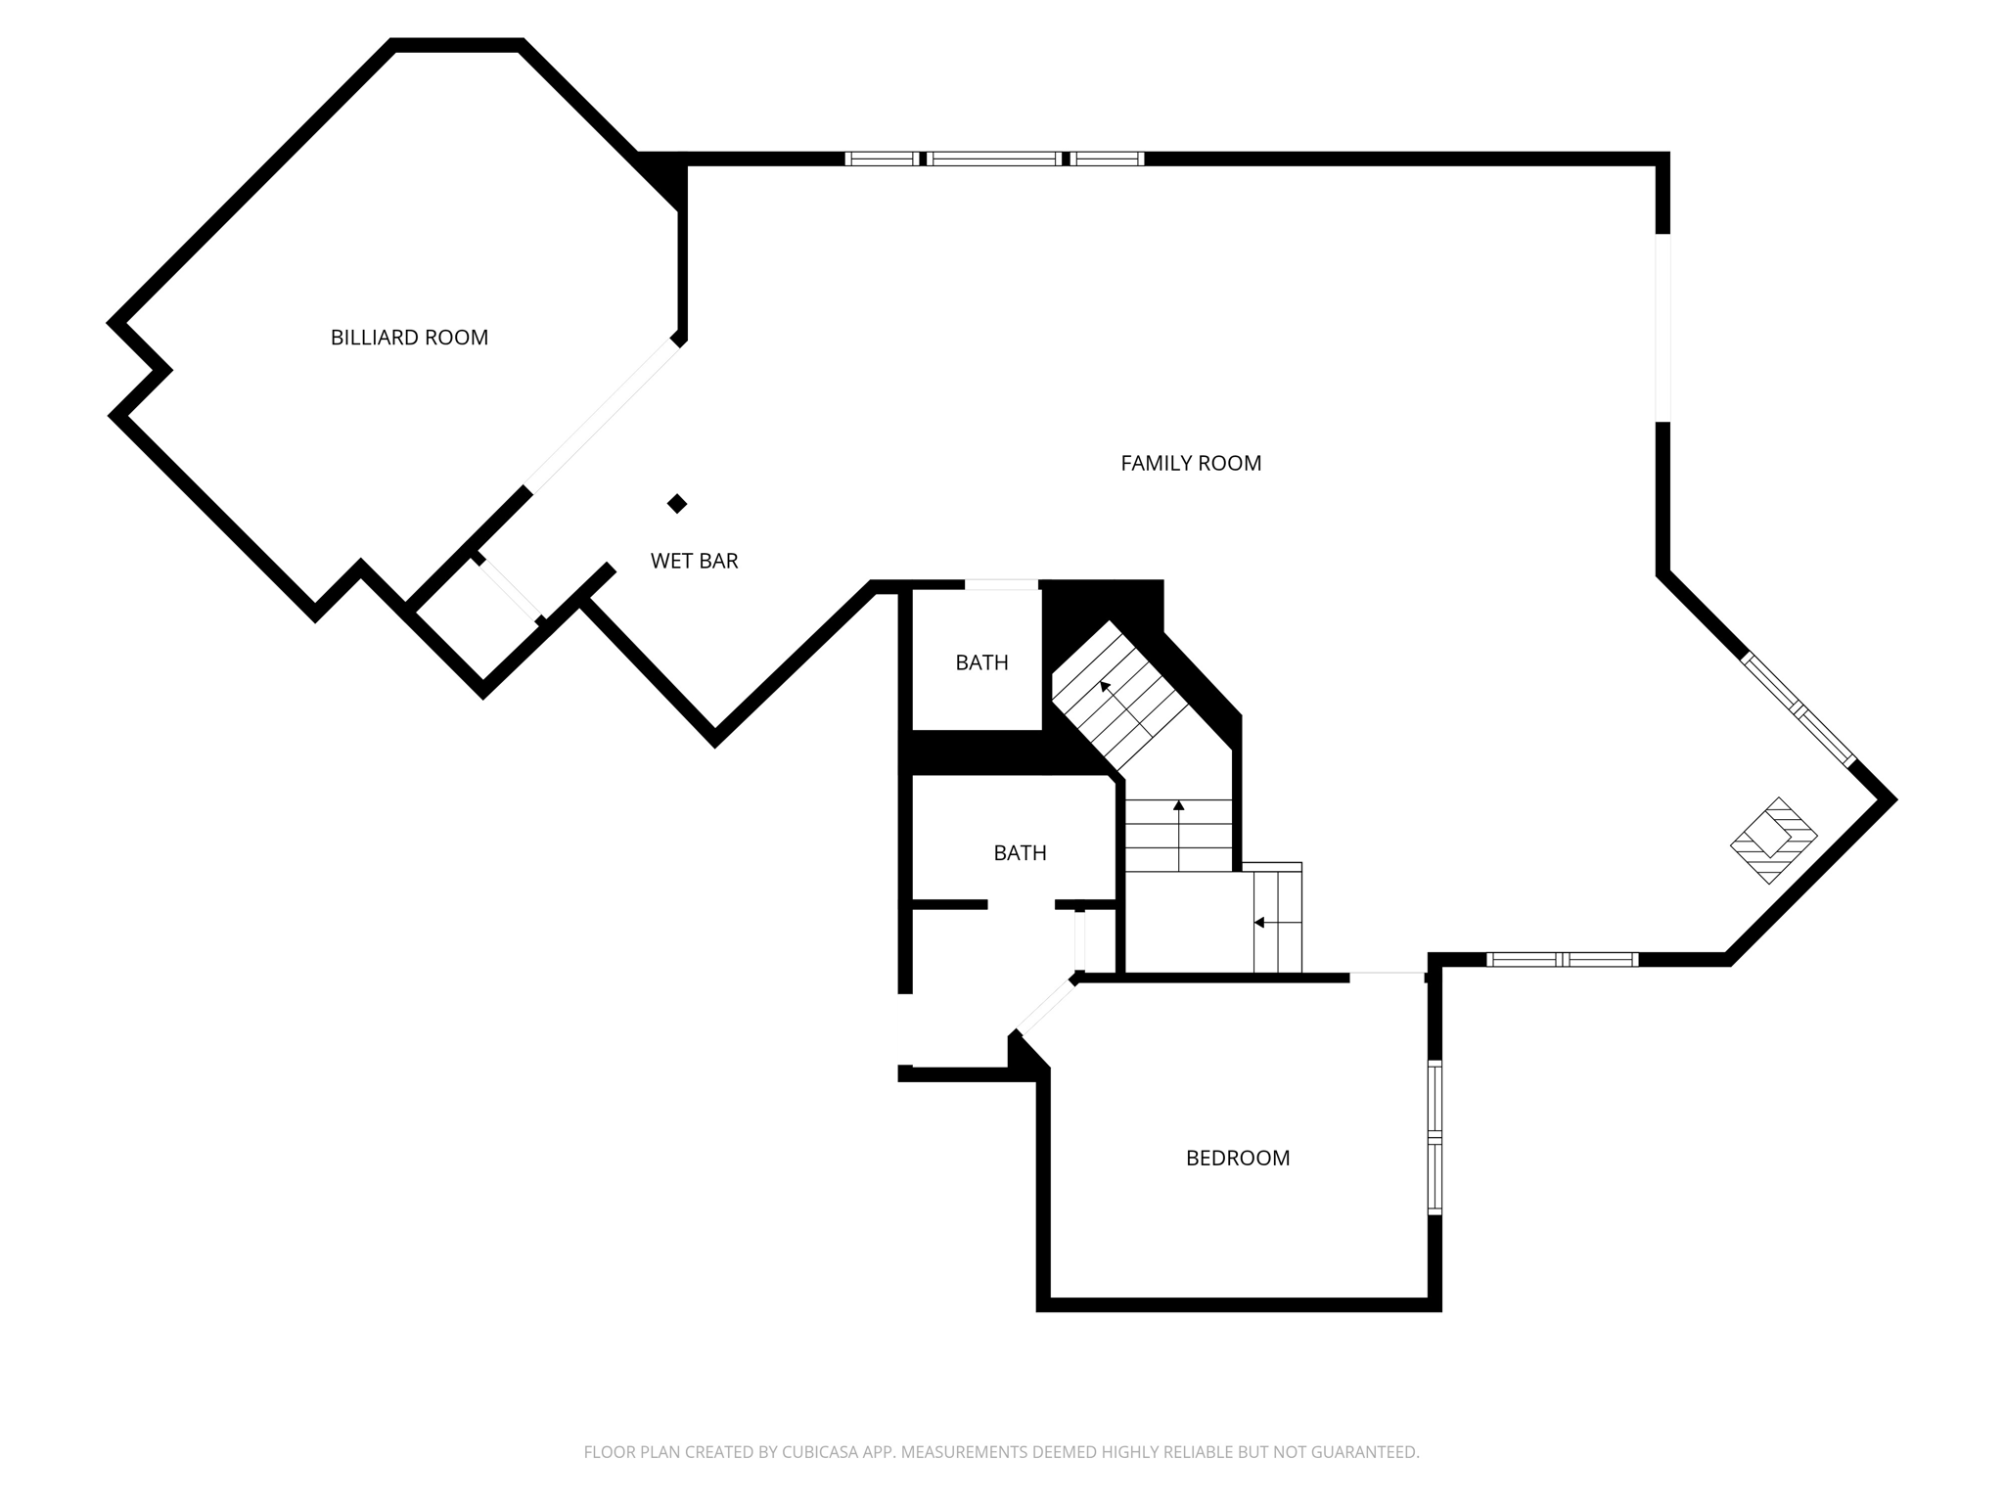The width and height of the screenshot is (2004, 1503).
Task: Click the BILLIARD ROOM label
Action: [x=409, y=338]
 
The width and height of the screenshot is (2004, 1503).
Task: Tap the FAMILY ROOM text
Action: [x=1191, y=463]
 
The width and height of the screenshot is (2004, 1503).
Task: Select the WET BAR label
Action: [x=694, y=561]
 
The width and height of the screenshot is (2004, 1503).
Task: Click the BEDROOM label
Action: [x=1237, y=1158]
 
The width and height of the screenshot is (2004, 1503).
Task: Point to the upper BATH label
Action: [x=981, y=662]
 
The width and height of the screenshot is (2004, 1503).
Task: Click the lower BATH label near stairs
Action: [x=1020, y=852]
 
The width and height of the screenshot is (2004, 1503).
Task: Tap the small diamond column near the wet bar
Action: [x=677, y=504]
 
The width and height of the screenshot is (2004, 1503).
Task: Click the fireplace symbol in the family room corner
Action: [x=1773, y=841]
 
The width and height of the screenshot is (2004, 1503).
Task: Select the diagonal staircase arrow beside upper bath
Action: [x=1107, y=688]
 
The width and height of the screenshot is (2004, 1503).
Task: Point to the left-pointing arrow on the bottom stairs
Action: [x=1260, y=922]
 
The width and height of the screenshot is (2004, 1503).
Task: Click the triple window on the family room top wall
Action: [x=994, y=159]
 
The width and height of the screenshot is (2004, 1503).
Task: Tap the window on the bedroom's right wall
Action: [x=1435, y=1137]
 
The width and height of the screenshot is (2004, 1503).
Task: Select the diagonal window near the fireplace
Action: [x=1799, y=709]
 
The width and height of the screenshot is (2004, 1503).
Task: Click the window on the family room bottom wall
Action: [x=1562, y=959]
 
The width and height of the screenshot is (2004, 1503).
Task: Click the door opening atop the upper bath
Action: [x=1001, y=585]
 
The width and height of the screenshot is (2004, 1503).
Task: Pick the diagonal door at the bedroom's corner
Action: [x=1046, y=1004]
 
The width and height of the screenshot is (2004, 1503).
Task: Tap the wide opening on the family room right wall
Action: [x=1662, y=328]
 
